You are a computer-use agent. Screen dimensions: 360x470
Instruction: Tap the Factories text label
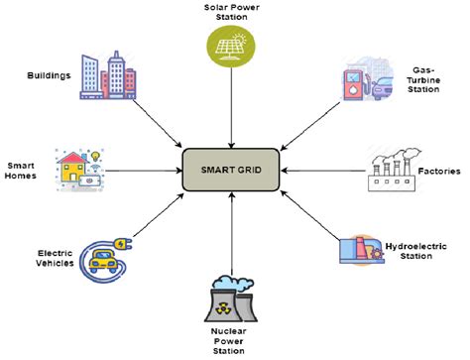[x=436, y=172]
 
